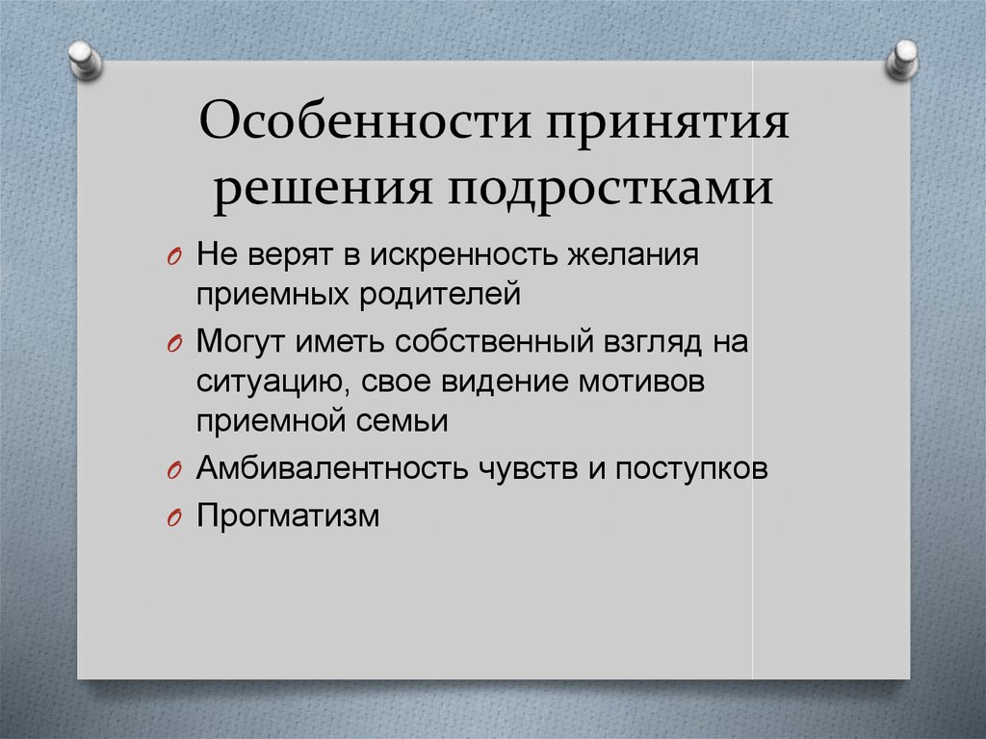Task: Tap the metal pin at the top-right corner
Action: tap(901, 59)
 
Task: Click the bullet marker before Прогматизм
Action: tap(173, 517)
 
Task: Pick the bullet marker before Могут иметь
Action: tap(173, 344)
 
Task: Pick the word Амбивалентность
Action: tap(331, 467)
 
